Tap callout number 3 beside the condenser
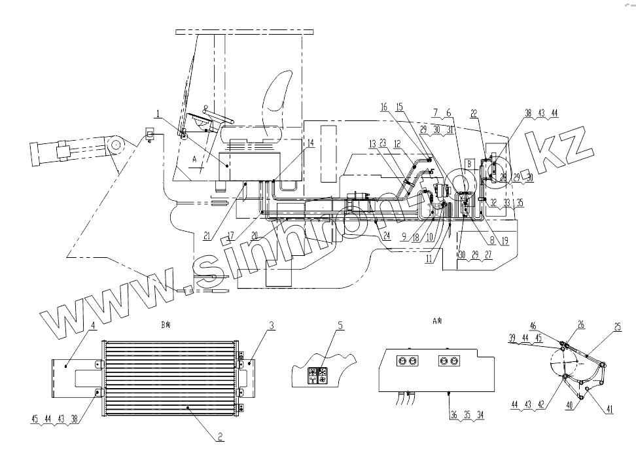tap(272, 325)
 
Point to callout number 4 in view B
tap(94, 325)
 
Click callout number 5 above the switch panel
tap(340, 325)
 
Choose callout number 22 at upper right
tap(474, 113)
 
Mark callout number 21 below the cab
tap(207, 236)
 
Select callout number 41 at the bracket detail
tap(609, 410)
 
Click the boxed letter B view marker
tap(468, 160)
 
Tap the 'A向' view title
tap(438, 321)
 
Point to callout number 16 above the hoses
tap(384, 107)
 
